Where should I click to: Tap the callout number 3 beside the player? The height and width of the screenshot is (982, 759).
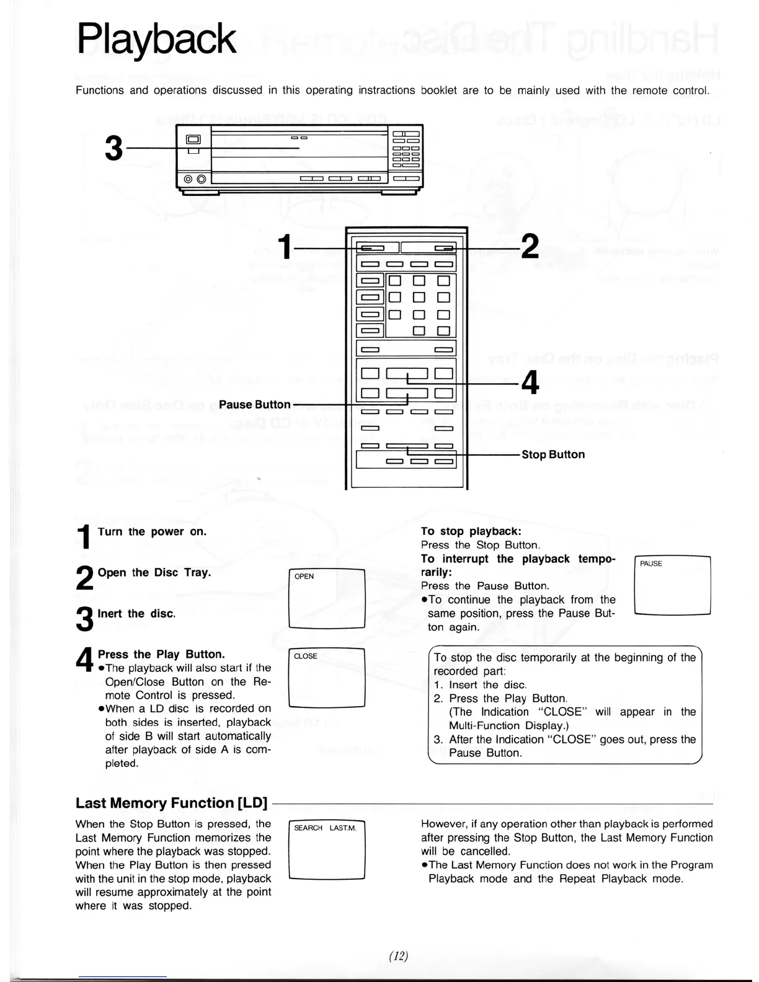113,149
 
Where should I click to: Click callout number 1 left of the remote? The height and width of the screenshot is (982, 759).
284,247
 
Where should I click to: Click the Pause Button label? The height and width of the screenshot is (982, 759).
254,405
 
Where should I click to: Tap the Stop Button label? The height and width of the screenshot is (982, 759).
553,454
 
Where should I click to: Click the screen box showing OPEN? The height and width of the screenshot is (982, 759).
327,598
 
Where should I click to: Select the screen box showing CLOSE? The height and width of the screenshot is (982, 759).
327,678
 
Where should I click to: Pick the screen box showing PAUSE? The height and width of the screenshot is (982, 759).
673,585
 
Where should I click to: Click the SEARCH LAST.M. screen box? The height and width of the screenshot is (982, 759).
327,849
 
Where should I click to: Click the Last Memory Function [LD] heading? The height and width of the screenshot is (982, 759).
171,803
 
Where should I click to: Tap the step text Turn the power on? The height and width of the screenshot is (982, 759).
152,532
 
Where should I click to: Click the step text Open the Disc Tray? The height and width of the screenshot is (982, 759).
154,573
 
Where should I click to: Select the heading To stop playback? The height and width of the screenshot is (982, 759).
471,531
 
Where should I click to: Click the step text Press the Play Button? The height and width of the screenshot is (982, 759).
161,654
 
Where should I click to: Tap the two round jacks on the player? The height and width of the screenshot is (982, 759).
193,180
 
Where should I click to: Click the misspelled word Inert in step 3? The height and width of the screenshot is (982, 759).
110,614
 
